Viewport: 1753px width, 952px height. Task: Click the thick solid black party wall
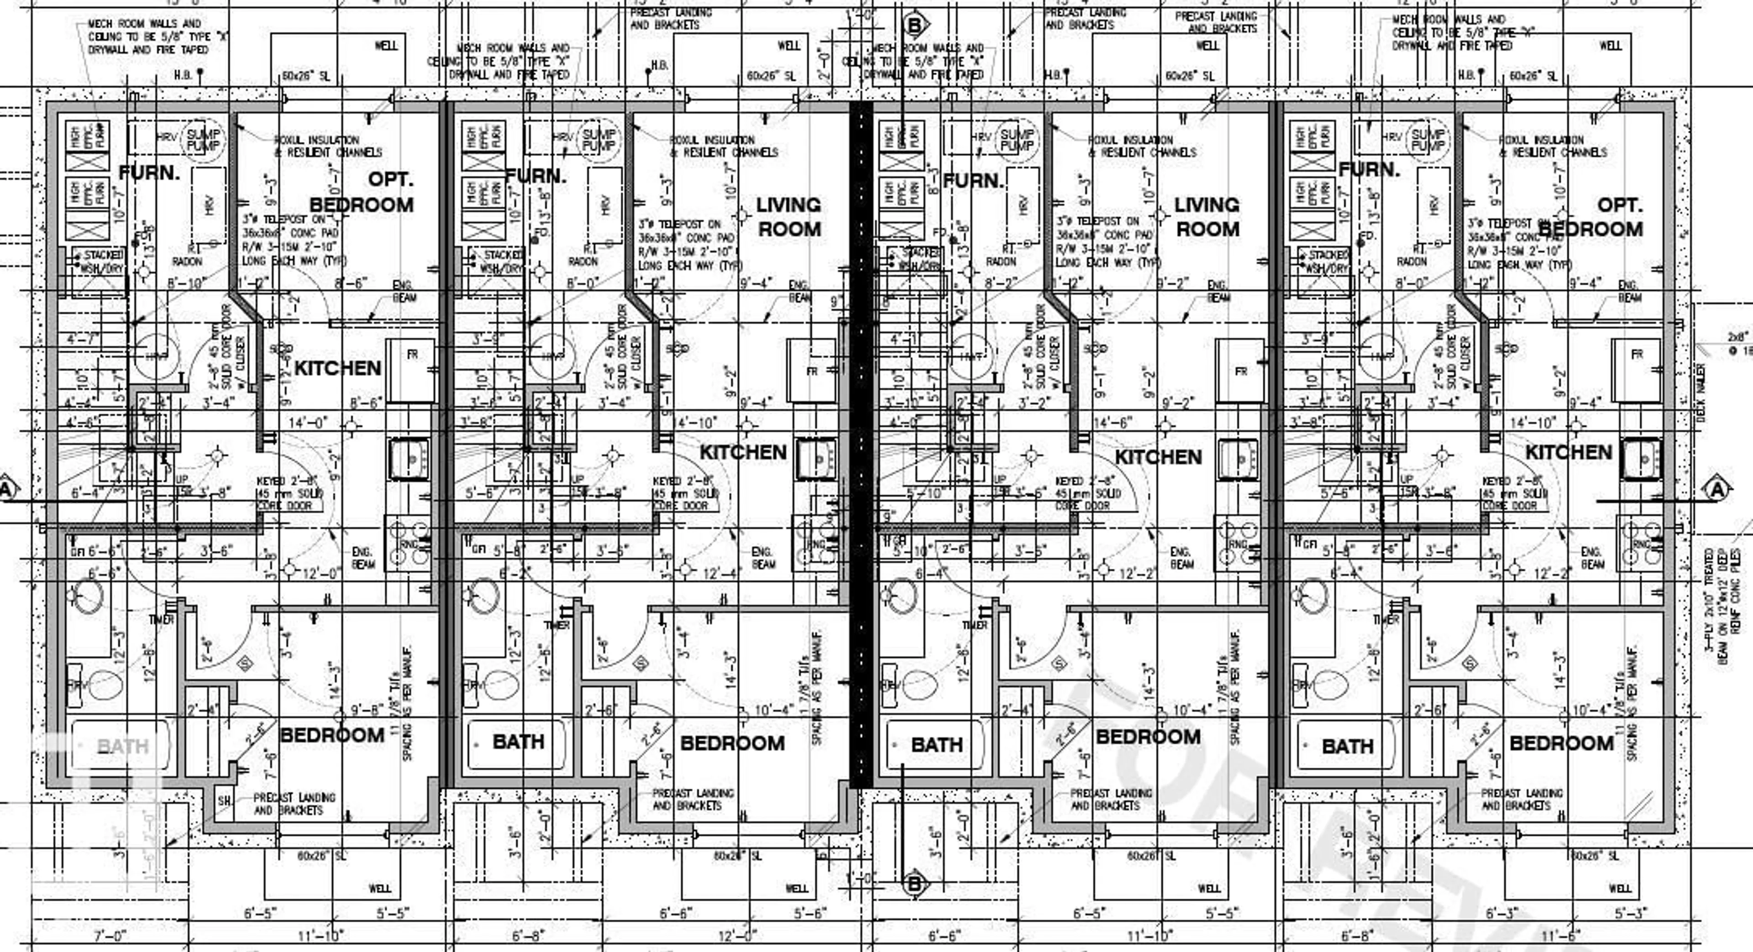click(861, 442)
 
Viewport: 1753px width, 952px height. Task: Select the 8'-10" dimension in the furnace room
click(184, 282)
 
